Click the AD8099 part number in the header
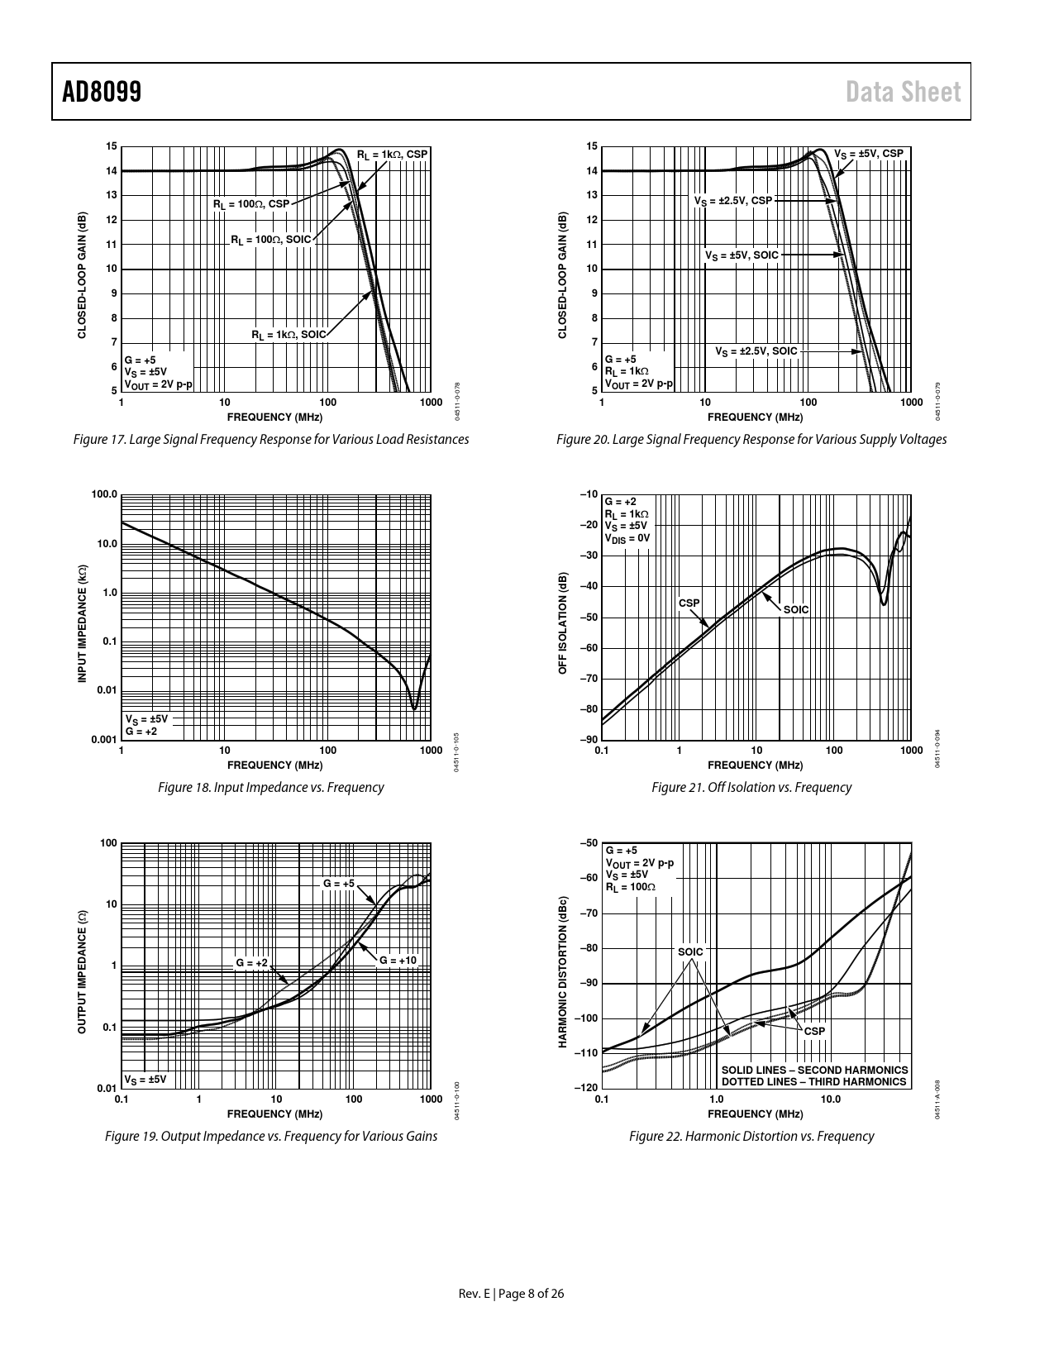click(102, 93)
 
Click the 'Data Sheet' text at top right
click(904, 93)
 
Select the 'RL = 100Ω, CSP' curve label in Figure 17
click(251, 203)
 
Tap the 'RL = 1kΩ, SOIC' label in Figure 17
click(289, 335)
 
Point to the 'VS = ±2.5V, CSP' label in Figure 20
click(732, 201)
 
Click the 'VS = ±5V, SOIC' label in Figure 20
click(742, 255)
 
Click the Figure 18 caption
click(270, 788)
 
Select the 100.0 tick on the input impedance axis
click(104, 495)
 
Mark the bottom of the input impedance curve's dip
click(414, 708)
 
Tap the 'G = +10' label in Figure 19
click(398, 961)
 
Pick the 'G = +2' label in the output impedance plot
click(251, 963)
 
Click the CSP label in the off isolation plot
click(689, 603)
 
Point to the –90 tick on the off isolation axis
click(589, 740)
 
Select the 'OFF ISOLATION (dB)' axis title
click(563, 622)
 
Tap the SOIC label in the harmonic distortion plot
click(690, 952)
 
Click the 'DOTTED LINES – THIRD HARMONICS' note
click(813, 1081)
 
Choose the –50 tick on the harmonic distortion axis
click(589, 843)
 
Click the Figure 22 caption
click(751, 1137)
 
